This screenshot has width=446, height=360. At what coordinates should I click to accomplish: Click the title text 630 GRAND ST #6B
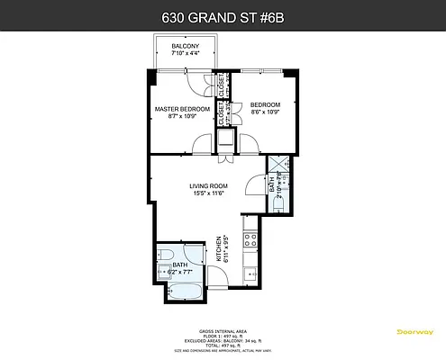pyautogui.click(x=223, y=16)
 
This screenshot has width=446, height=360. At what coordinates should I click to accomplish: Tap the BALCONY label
pyautogui.click(x=186, y=47)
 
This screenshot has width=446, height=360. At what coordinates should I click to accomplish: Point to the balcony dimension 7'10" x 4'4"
pyautogui.click(x=186, y=54)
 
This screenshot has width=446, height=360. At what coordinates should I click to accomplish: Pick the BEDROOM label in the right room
pyautogui.click(x=266, y=103)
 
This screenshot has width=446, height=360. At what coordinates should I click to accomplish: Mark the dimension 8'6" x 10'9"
pyautogui.click(x=266, y=111)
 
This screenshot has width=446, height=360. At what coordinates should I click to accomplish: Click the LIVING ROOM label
pyautogui.click(x=208, y=186)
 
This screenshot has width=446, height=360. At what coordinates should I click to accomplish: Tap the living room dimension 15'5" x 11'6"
pyautogui.click(x=208, y=193)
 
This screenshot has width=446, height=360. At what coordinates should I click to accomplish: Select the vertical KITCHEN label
pyautogui.click(x=219, y=248)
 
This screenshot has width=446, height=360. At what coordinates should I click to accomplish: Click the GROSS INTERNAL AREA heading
pyautogui.click(x=223, y=330)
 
